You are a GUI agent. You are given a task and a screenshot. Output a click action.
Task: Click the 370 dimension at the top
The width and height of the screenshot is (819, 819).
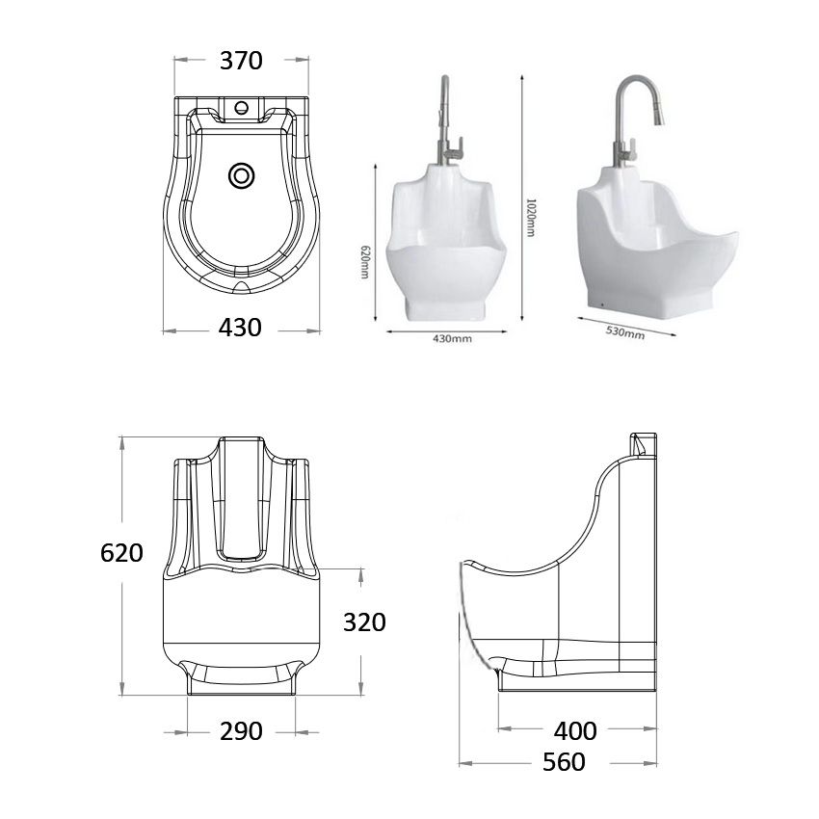[x=241, y=61]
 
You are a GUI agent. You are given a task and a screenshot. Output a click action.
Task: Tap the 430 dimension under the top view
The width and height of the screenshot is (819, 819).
[x=240, y=328]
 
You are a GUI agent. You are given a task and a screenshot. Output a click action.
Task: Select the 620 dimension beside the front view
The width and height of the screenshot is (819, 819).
[x=122, y=553]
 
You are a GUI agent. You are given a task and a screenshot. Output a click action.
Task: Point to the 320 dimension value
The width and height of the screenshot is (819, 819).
[x=364, y=622]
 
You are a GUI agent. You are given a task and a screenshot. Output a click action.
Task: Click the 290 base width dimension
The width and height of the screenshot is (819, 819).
[x=241, y=731]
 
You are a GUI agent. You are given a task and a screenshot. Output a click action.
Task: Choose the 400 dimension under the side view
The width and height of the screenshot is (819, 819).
[x=576, y=731]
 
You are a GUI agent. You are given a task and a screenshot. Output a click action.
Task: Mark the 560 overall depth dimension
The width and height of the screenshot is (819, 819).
[x=564, y=762]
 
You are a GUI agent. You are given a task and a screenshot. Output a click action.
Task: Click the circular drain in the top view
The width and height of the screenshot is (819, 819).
[x=241, y=175]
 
